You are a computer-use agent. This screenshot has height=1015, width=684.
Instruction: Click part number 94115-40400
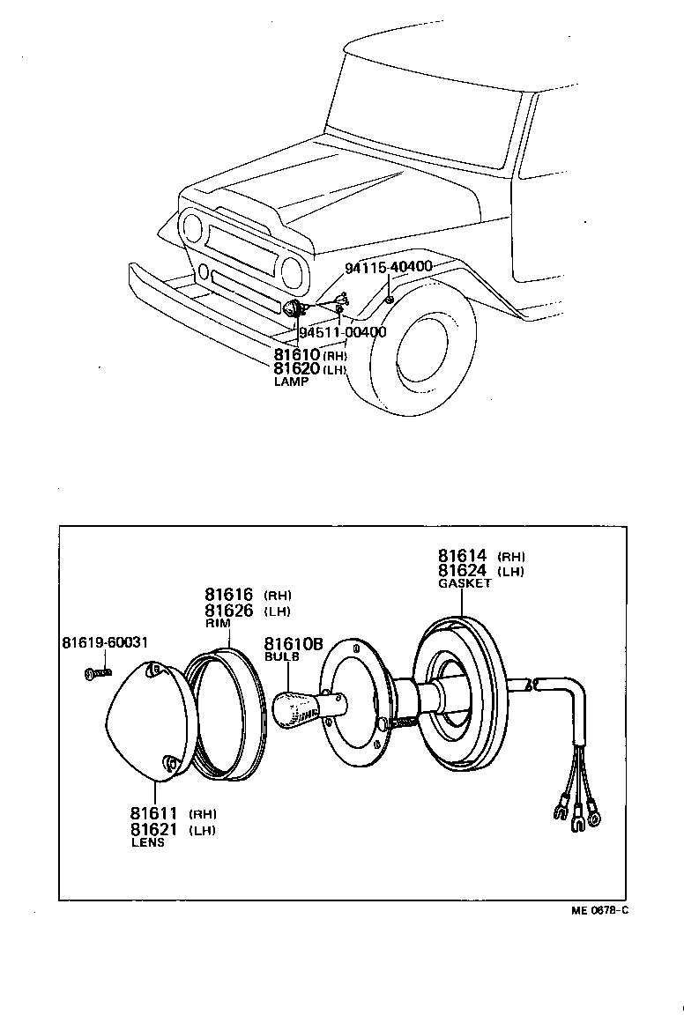click(388, 267)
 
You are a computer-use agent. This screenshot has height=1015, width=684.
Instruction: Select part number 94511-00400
click(343, 332)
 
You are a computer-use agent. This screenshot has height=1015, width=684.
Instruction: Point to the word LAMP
click(291, 382)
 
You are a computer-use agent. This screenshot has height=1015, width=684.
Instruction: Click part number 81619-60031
click(104, 641)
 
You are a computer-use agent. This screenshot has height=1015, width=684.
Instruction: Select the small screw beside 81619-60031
click(98, 673)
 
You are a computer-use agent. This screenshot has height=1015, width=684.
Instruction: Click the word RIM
click(217, 623)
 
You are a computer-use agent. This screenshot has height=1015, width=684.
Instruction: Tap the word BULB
click(281, 656)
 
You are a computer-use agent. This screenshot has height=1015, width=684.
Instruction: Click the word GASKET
click(465, 583)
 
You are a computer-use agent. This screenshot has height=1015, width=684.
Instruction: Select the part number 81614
click(464, 556)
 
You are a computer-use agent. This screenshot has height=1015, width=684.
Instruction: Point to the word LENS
click(147, 842)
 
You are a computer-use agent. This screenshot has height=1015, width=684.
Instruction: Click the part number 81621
click(154, 829)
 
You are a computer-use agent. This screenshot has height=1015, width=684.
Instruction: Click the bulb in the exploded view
click(295, 709)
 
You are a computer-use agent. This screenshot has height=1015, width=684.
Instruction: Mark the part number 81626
click(229, 611)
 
